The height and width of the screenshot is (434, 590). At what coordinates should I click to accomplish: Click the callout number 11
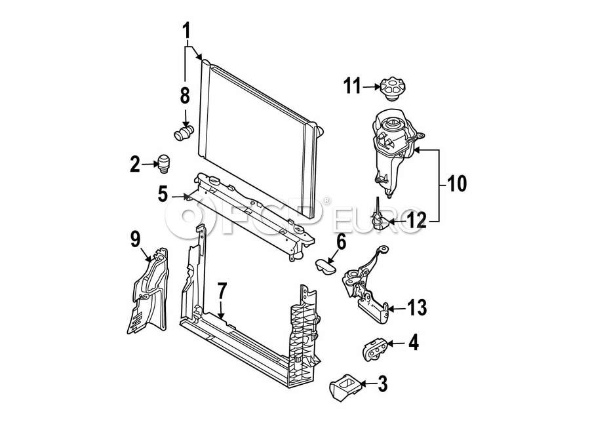coord(352,86)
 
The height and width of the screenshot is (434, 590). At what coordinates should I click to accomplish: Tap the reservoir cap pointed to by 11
coord(393,89)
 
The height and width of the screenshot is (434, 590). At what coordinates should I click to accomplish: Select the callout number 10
coord(456,184)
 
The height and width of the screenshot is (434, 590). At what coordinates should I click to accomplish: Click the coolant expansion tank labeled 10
coord(395,151)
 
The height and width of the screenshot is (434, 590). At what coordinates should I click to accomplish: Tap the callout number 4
coord(414,343)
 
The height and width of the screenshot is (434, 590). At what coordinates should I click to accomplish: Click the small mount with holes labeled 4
coord(375,349)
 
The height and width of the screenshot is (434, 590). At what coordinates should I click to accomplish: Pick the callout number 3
coord(382,384)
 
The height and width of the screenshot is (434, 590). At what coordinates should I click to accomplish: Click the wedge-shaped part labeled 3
coord(345,387)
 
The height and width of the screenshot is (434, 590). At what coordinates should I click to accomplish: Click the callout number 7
coord(222,290)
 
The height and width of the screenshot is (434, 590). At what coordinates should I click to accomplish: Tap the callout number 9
coord(136,239)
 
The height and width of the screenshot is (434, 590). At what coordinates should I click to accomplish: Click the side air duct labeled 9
coord(148,291)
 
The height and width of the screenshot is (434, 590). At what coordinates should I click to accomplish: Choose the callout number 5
coord(163,194)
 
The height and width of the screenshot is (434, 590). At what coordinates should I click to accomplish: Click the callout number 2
coord(134,165)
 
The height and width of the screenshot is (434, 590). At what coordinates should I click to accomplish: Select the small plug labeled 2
coord(164,164)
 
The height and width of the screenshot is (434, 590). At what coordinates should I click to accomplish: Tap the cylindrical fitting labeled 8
coord(184,132)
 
